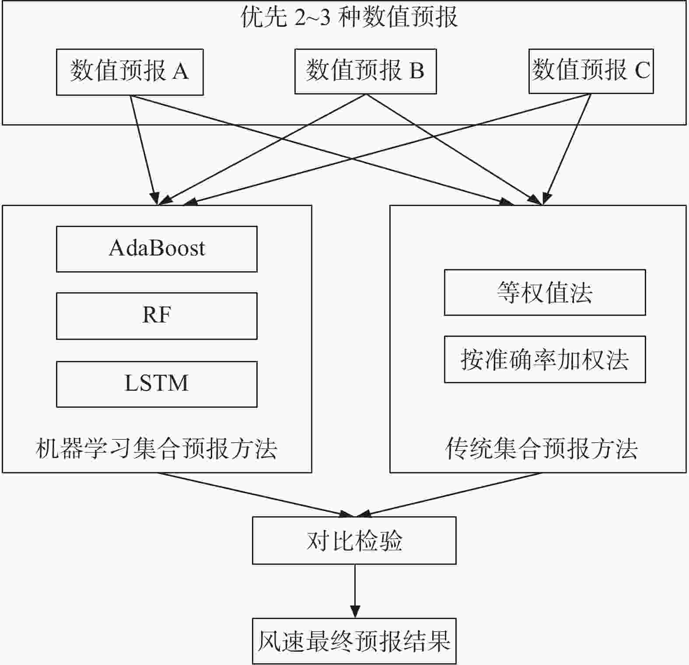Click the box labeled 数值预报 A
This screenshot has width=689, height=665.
point(130,72)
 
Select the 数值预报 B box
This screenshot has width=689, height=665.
point(366,71)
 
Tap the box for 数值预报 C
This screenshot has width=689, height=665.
point(591,71)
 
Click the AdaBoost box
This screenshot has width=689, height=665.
point(157,249)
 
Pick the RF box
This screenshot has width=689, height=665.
point(157,316)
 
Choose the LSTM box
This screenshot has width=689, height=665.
point(157,384)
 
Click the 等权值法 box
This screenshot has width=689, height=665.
point(545,292)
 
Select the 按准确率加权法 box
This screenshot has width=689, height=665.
point(545,359)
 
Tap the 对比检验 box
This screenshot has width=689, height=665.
point(354,540)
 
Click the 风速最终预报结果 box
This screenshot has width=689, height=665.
point(354,641)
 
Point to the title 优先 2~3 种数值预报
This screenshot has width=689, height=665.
point(349,17)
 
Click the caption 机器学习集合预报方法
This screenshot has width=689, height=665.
point(157,449)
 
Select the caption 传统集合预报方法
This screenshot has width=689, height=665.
point(541,449)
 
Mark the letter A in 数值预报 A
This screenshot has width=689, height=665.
point(180,71)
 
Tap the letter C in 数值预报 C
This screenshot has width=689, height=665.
point(642,70)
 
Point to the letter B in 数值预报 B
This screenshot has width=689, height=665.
point(417,70)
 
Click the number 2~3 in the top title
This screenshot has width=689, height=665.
point(312,17)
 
